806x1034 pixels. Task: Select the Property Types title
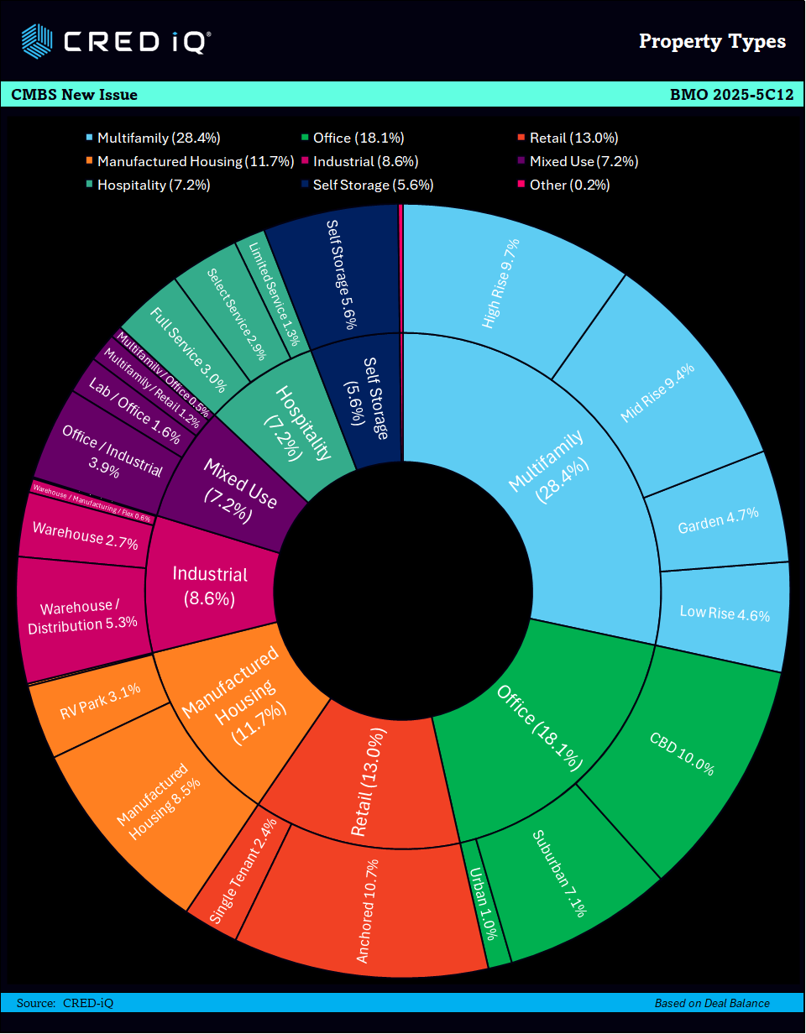[712, 41]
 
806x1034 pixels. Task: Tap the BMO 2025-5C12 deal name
[731, 95]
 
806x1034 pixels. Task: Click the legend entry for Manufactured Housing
[189, 161]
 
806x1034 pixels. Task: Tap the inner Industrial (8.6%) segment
[210, 585]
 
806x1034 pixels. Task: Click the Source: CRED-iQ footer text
[65, 1003]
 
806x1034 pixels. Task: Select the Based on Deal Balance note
[712, 1003]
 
